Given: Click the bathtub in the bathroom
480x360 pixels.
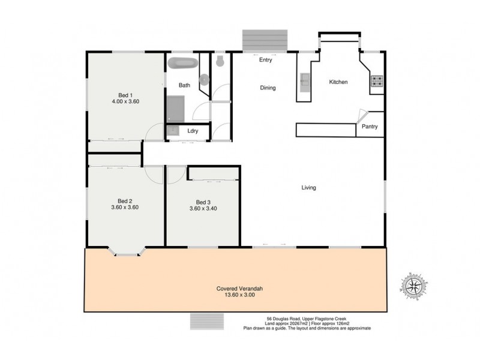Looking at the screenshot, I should tap(181, 64).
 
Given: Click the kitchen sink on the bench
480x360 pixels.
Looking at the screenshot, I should tap(304, 79).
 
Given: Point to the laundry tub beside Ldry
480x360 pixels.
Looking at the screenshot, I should tap(173, 131).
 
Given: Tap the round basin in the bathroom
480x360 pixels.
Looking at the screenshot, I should tap(204, 79).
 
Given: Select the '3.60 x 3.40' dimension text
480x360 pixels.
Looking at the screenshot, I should tap(203, 209).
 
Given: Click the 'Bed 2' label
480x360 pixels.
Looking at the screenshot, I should tap(125, 200).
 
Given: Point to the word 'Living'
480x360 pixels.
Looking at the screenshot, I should tap(308, 188).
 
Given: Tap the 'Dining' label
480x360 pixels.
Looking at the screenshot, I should tap(268, 88).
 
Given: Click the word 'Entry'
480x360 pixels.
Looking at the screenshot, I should tap(266, 60).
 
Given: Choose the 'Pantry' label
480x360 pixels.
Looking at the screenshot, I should tap(370, 127).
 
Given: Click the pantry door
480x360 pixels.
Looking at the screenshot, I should tap(362, 116).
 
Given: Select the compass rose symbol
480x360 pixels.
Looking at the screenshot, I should tap(413, 287).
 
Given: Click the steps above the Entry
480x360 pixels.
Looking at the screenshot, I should tap(266, 41).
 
